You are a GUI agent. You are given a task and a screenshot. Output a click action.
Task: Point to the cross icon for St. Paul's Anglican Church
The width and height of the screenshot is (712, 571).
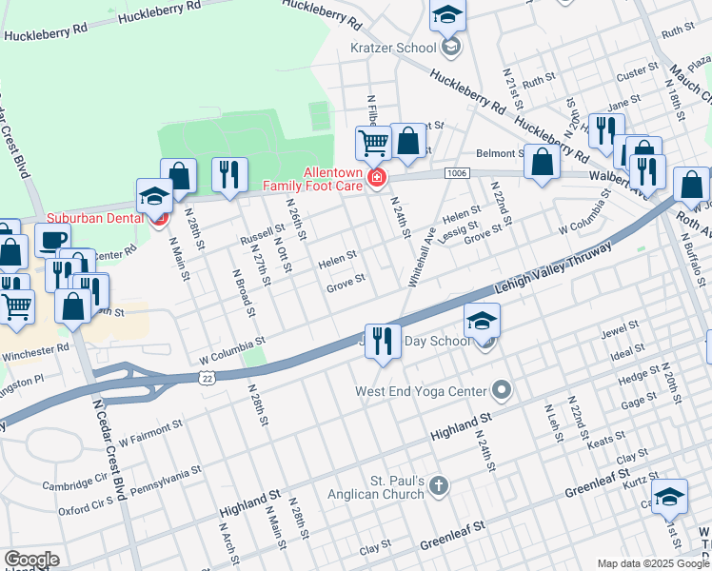[x=438, y=486]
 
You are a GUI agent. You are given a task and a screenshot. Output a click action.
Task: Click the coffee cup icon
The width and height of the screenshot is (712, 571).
[x=53, y=239]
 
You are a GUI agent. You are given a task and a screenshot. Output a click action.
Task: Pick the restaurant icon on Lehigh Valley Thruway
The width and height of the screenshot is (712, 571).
[x=383, y=340]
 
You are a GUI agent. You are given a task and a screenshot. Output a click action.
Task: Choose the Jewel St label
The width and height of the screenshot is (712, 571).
[x=619, y=334]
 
